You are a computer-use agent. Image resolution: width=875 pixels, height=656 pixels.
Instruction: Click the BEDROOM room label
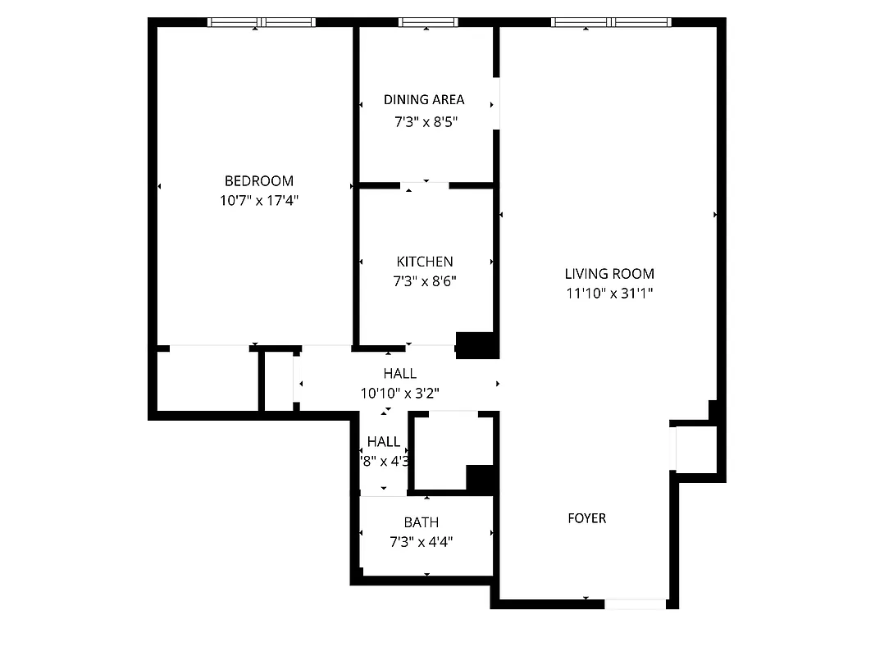[x=258, y=181]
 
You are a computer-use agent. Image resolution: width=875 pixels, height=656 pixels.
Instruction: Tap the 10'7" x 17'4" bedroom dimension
[x=258, y=200]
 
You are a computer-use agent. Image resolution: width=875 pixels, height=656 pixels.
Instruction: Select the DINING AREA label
[x=424, y=100]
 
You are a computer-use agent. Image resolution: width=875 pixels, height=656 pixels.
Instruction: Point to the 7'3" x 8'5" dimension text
[x=424, y=122]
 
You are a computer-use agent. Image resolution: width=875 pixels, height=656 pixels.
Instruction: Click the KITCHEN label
[x=424, y=262]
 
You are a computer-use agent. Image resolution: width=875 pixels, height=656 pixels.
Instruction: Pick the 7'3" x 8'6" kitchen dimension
[x=424, y=281]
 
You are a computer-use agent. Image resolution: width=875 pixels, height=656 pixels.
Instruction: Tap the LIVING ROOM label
[x=609, y=274]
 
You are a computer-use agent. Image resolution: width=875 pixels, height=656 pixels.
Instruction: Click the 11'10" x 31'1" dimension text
[x=609, y=293]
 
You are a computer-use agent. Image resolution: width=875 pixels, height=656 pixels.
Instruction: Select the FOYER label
[x=587, y=518]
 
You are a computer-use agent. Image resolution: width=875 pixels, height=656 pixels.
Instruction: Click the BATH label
[x=421, y=522]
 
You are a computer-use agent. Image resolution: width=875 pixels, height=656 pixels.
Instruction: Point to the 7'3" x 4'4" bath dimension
[x=421, y=541]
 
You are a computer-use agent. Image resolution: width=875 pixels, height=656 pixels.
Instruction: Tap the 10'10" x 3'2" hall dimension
[x=399, y=393]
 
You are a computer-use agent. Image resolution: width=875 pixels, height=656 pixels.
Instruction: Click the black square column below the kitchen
[x=476, y=345]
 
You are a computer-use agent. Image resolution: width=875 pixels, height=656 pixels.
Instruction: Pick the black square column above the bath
[x=481, y=478]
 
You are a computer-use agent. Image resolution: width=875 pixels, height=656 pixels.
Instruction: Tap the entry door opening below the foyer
[x=635, y=604]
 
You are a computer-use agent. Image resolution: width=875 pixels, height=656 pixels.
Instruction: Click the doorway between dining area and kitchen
[x=425, y=185]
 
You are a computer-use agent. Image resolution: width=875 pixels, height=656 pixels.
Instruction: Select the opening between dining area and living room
[x=496, y=103]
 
